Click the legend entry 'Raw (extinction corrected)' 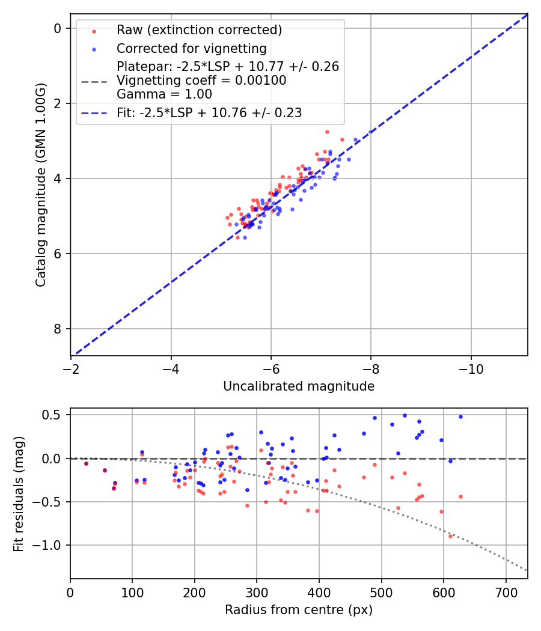199,30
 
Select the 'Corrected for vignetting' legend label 191,48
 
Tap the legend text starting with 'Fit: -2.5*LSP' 209,112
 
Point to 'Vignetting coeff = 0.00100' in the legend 201,81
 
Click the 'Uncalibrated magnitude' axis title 299,386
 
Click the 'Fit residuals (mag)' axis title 19,493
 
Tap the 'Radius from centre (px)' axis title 299,610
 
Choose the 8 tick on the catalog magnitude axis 57,329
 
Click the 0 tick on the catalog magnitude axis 57,28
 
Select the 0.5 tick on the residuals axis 53,415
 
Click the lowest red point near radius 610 450,536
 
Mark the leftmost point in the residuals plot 86,463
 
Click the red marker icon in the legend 93,30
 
